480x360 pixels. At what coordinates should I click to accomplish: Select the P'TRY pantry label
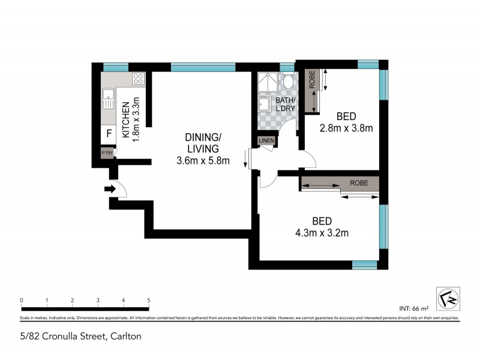[107, 154]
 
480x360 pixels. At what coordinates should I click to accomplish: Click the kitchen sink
[108, 98]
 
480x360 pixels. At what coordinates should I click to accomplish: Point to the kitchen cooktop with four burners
[138, 78]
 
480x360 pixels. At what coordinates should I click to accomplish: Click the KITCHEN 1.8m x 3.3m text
[130, 118]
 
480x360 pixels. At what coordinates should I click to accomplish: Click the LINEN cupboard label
[266, 141]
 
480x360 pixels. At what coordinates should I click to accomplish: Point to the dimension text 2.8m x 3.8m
[346, 128]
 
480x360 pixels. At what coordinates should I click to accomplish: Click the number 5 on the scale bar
[148, 300]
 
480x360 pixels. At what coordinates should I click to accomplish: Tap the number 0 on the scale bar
[21, 300]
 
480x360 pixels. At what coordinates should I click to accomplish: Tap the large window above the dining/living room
[202, 67]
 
